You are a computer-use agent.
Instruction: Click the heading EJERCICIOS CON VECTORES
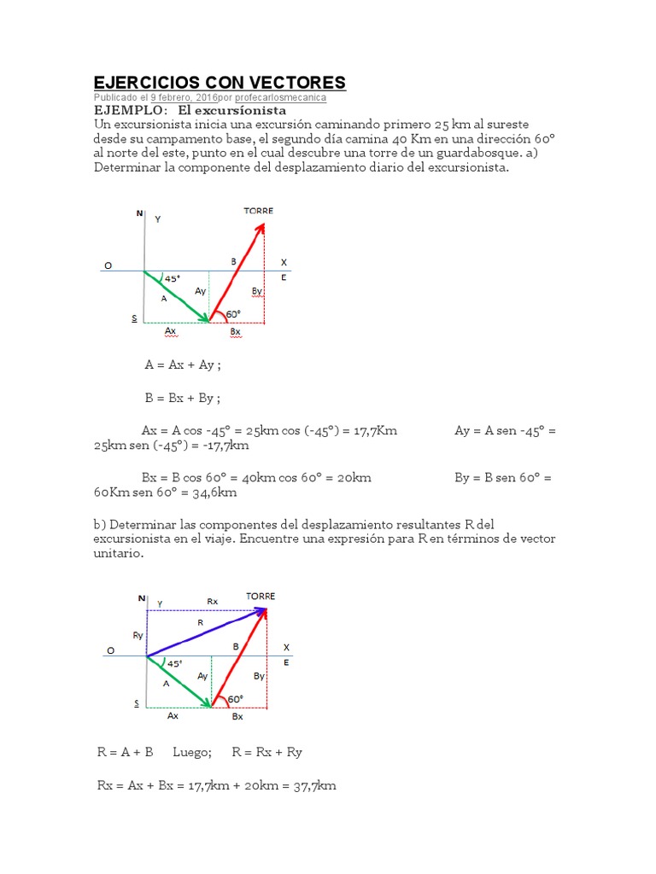(x=219, y=82)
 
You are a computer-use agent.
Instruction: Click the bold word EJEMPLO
(x=129, y=111)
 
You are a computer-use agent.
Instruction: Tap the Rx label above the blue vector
(x=212, y=601)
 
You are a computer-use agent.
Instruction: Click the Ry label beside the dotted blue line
(x=138, y=635)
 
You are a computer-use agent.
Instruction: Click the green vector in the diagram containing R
(x=179, y=682)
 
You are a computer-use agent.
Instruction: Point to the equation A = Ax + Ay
(x=183, y=364)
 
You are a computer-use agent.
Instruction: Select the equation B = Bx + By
(x=182, y=398)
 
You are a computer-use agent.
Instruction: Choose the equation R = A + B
(x=125, y=752)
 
